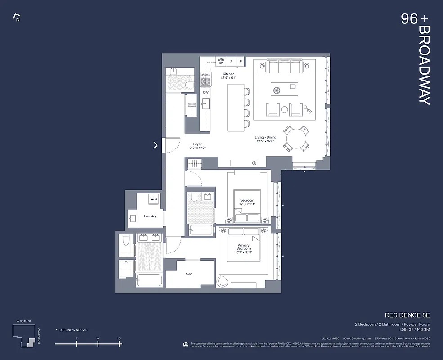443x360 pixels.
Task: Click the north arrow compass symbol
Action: point(17,18)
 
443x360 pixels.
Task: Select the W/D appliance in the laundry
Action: point(153,198)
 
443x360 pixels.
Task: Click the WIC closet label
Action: point(189,274)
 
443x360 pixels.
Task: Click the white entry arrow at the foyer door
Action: point(156,145)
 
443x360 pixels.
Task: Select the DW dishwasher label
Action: point(206,92)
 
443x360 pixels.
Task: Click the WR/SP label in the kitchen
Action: point(220,61)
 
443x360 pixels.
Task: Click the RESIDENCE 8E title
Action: point(407,315)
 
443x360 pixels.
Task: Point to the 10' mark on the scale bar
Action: point(98,338)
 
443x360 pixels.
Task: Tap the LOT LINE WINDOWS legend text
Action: point(73,330)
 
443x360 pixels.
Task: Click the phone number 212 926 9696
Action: point(330,338)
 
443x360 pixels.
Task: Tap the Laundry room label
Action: point(150,216)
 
